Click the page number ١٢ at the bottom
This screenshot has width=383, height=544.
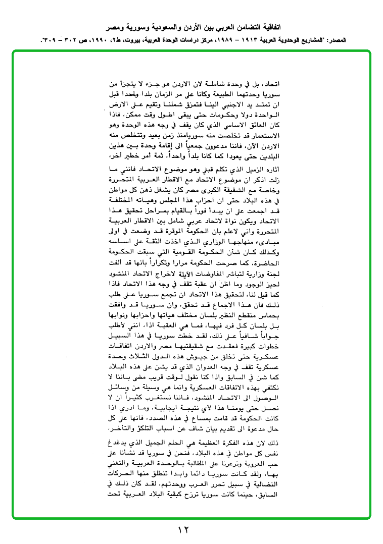(x=183, y=529)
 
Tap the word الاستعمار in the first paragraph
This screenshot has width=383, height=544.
(x=262, y=136)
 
